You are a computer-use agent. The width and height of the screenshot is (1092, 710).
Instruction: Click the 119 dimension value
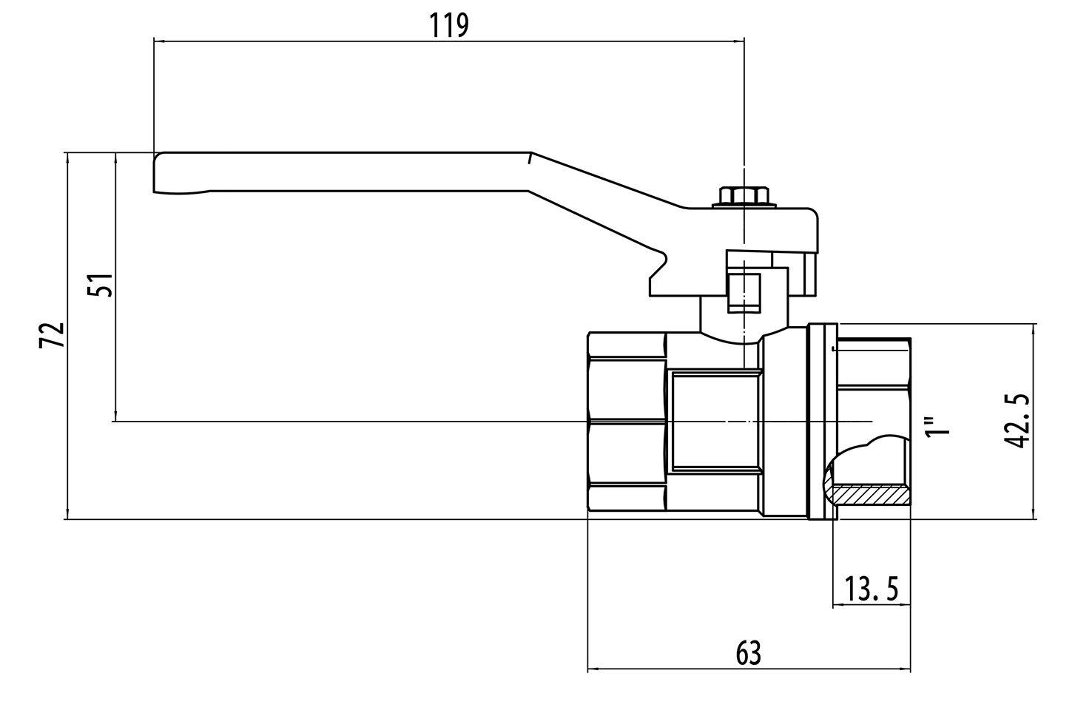pos(449,26)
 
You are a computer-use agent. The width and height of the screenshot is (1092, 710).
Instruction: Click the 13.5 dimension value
pos(872,590)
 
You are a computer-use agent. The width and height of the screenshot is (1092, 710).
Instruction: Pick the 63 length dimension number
pos(748,653)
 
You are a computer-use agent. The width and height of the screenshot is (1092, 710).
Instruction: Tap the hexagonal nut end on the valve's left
pos(626,422)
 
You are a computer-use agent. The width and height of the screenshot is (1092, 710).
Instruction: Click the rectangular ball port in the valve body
pos(715,422)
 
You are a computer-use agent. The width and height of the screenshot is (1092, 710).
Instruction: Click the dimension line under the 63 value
pos(748,670)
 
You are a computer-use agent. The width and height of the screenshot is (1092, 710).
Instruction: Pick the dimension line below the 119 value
pos(449,41)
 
